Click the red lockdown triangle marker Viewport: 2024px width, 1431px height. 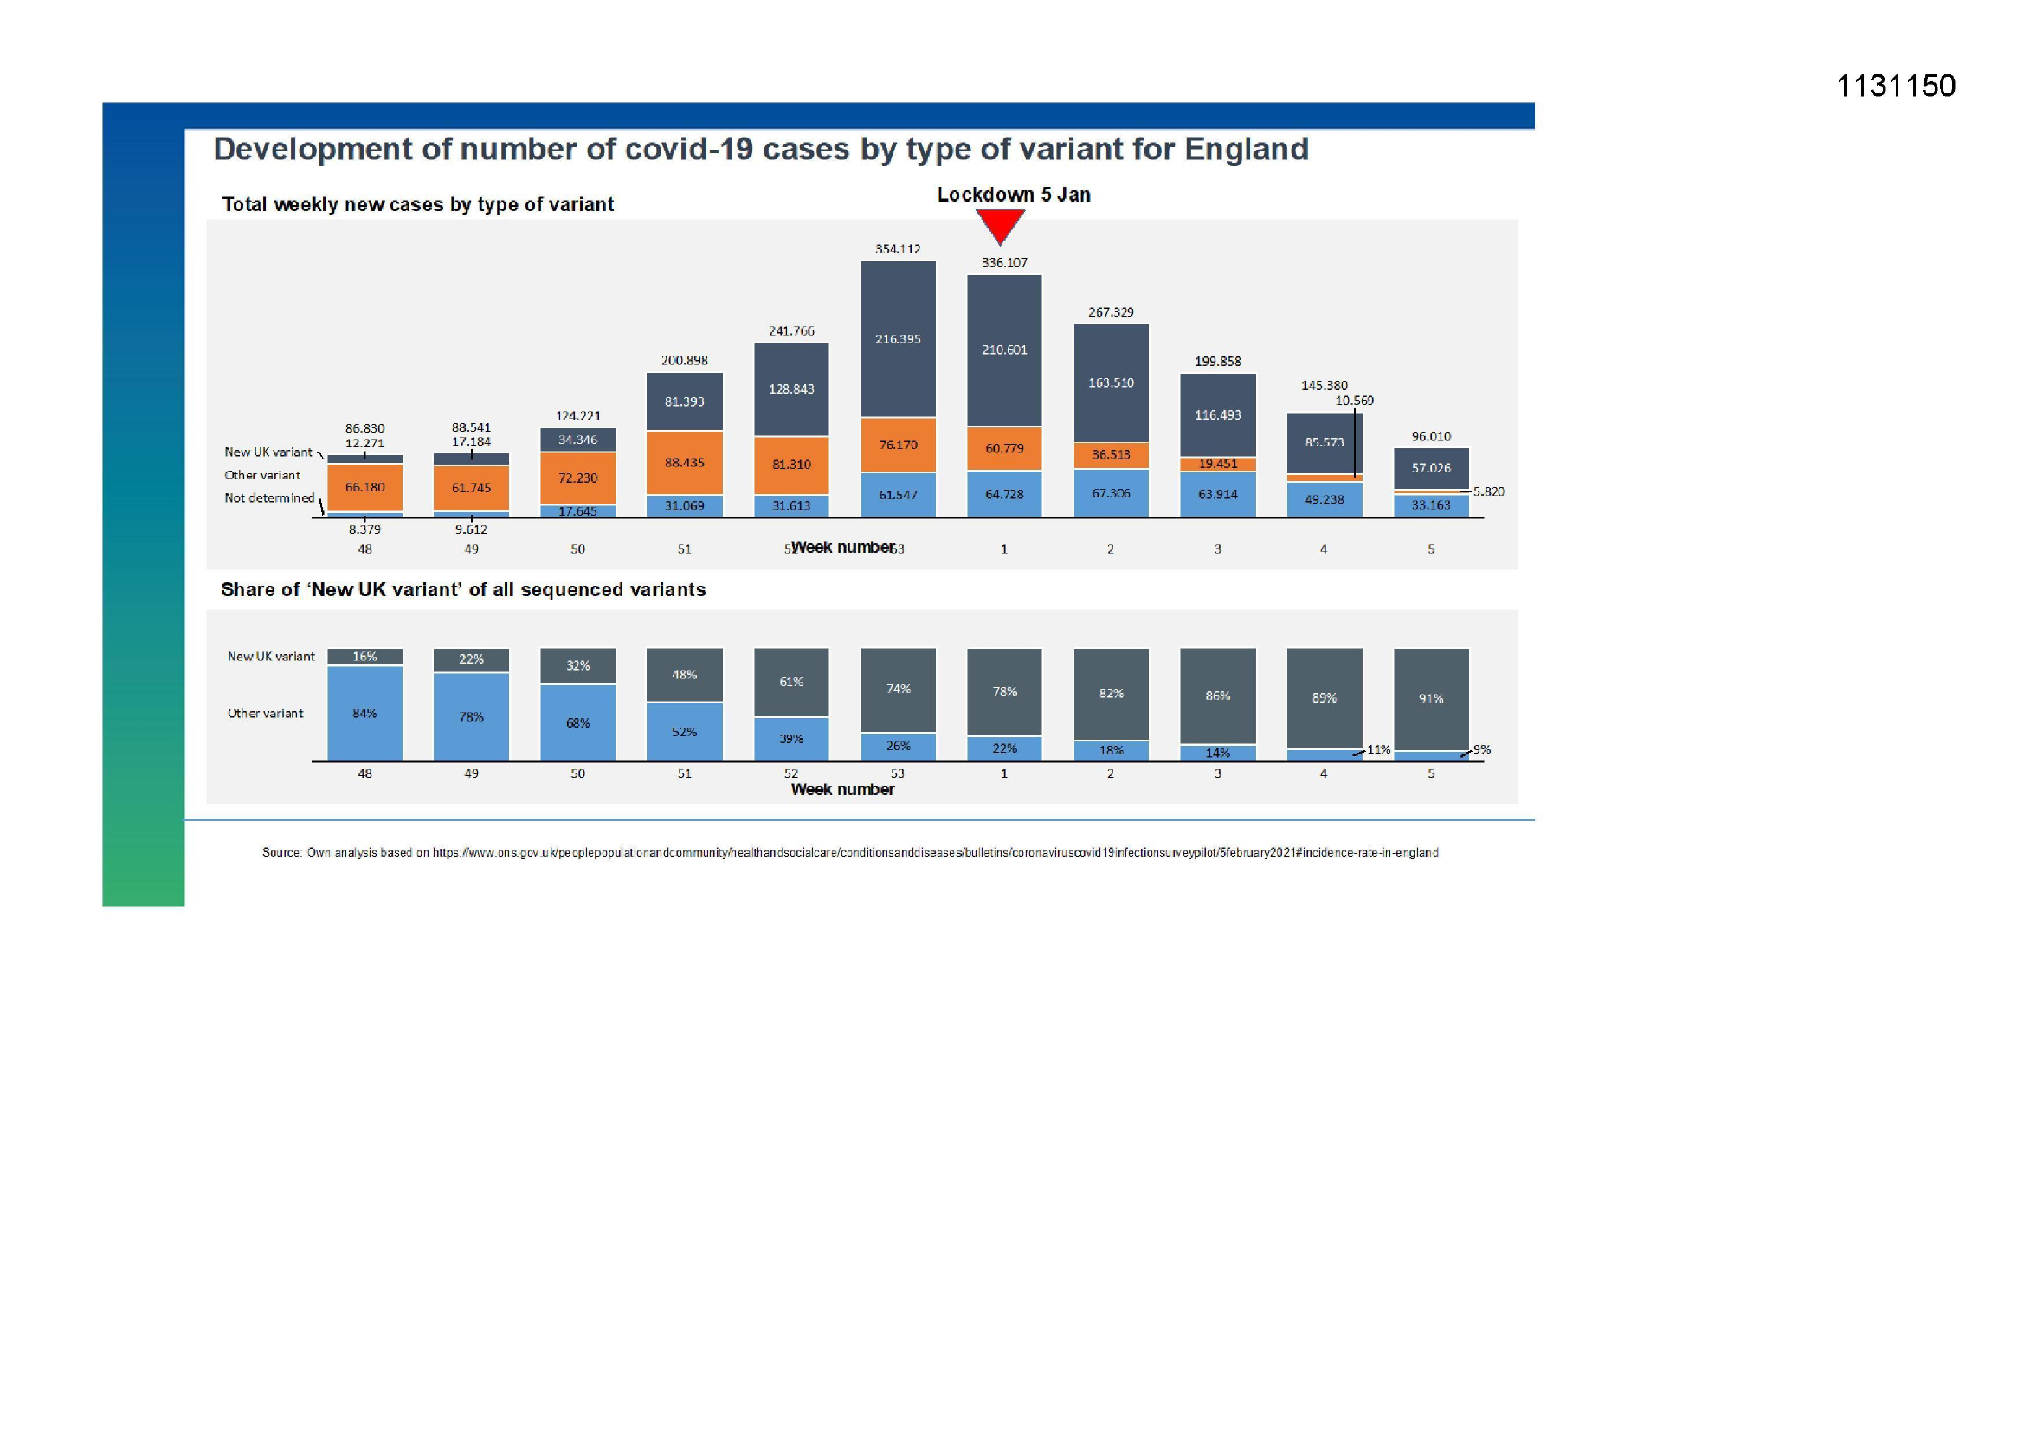coord(1000,226)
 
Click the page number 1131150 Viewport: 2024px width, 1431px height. coord(1895,86)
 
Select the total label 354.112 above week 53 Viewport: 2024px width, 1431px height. coord(898,249)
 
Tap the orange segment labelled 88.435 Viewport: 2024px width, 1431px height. coord(684,463)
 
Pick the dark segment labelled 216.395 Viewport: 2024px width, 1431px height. coord(898,339)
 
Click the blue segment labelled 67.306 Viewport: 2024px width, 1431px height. coord(1111,493)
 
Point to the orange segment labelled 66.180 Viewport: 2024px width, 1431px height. coord(365,487)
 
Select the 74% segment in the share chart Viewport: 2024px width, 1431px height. coord(898,689)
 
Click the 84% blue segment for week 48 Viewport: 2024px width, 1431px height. coord(365,713)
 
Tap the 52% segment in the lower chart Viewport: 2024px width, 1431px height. coord(684,732)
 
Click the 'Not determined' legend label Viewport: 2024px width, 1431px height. coord(269,498)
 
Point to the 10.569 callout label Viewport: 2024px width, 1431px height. coord(1354,401)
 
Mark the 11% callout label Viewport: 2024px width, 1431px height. coord(1379,750)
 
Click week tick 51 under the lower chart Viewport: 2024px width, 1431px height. coord(684,773)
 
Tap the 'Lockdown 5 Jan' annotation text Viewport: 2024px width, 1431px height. coord(1013,195)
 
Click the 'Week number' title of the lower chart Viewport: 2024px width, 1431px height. coord(841,790)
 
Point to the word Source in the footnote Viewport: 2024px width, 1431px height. coord(281,852)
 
